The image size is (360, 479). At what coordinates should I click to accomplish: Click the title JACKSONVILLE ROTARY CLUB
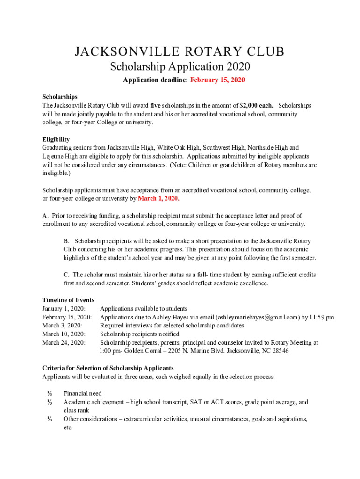(x=180, y=52)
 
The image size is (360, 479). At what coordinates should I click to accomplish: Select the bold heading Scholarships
(x=60, y=97)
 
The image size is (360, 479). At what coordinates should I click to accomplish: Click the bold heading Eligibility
(x=56, y=139)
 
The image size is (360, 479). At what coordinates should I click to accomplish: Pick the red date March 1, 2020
(x=158, y=199)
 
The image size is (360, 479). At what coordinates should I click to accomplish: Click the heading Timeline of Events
(x=68, y=300)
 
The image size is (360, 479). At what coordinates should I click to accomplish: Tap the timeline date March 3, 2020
(x=62, y=326)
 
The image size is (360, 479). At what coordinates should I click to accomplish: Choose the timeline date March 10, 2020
(x=64, y=334)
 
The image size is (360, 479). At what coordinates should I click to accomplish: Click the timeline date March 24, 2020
(x=64, y=342)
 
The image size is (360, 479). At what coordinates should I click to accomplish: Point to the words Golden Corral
(x=140, y=351)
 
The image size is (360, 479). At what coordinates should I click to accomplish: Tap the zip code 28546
(x=279, y=351)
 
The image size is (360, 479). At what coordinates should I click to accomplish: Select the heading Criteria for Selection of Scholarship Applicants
(x=108, y=368)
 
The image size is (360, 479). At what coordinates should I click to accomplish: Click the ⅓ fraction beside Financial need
(x=49, y=394)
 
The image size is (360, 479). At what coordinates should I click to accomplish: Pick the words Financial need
(x=82, y=394)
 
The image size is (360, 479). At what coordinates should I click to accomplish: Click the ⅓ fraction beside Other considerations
(x=49, y=419)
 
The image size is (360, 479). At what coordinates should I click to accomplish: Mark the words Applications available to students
(x=144, y=309)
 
